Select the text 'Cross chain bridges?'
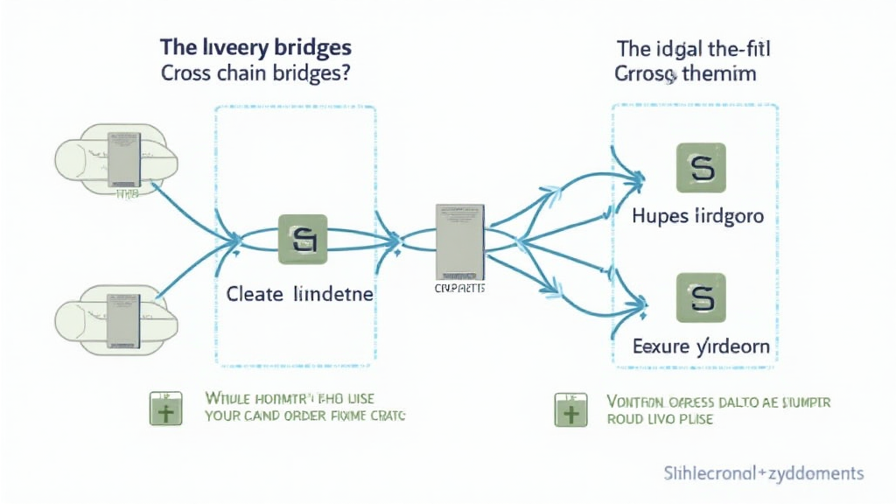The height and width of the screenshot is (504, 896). pos(255,74)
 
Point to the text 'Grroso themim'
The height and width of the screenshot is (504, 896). pos(685,74)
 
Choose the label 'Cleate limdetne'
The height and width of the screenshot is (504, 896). pos(299,294)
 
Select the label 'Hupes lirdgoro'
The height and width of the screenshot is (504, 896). pos(697,215)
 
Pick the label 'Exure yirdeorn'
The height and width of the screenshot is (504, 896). pos(701,346)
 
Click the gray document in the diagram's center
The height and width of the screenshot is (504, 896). pos(459,240)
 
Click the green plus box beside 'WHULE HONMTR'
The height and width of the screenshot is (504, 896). pos(164,409)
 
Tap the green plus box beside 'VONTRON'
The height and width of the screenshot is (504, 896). pos(570,409)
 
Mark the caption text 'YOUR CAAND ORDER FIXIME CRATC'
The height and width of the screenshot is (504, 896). pos(304,417)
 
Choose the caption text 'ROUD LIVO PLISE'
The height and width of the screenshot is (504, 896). pos(660,419)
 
